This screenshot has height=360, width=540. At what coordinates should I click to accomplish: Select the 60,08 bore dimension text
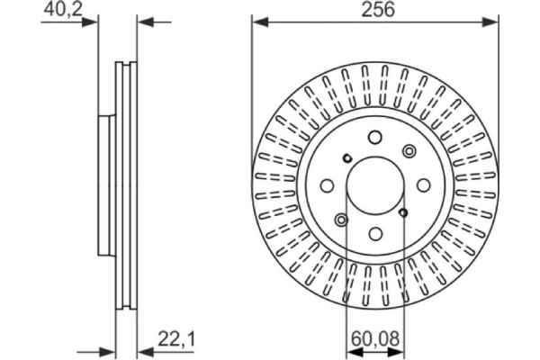coord(373,339)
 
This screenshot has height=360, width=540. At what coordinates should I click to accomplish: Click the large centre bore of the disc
coord(374,184)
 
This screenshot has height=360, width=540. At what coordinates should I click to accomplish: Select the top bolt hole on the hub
coord(374,137)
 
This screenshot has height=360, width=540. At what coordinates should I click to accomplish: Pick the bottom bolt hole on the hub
coord(374,233)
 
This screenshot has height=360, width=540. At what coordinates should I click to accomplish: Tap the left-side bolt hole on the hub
coord(327,185)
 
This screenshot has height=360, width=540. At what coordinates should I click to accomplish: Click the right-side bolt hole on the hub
coord(423,184)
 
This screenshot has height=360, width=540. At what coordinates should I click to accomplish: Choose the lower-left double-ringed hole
coord(341,219)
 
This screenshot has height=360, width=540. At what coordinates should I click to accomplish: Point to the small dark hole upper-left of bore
coord(346,159)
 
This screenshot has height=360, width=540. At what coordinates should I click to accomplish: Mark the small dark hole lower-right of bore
coord(402,211)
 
